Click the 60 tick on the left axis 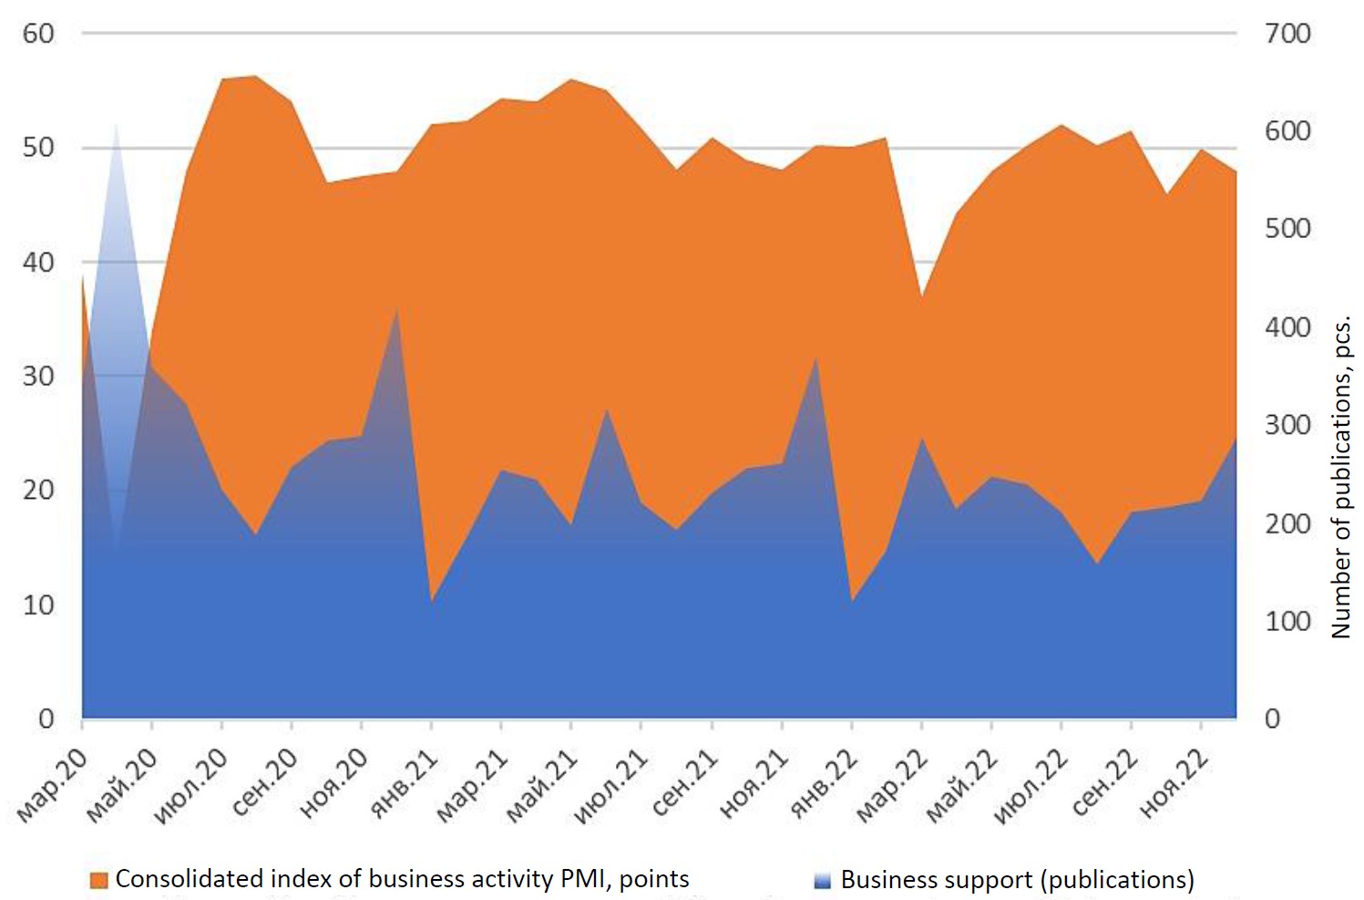[38, 34]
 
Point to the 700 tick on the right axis [1287, 34]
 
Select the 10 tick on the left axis [38, 605]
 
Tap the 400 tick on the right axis [1287, 326]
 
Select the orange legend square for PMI [98, 880]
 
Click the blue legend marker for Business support [823, 880]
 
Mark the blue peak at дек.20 [396, 310]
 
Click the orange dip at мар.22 [922, 296]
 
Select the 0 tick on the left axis [46, 719]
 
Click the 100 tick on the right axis [1287, 621]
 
